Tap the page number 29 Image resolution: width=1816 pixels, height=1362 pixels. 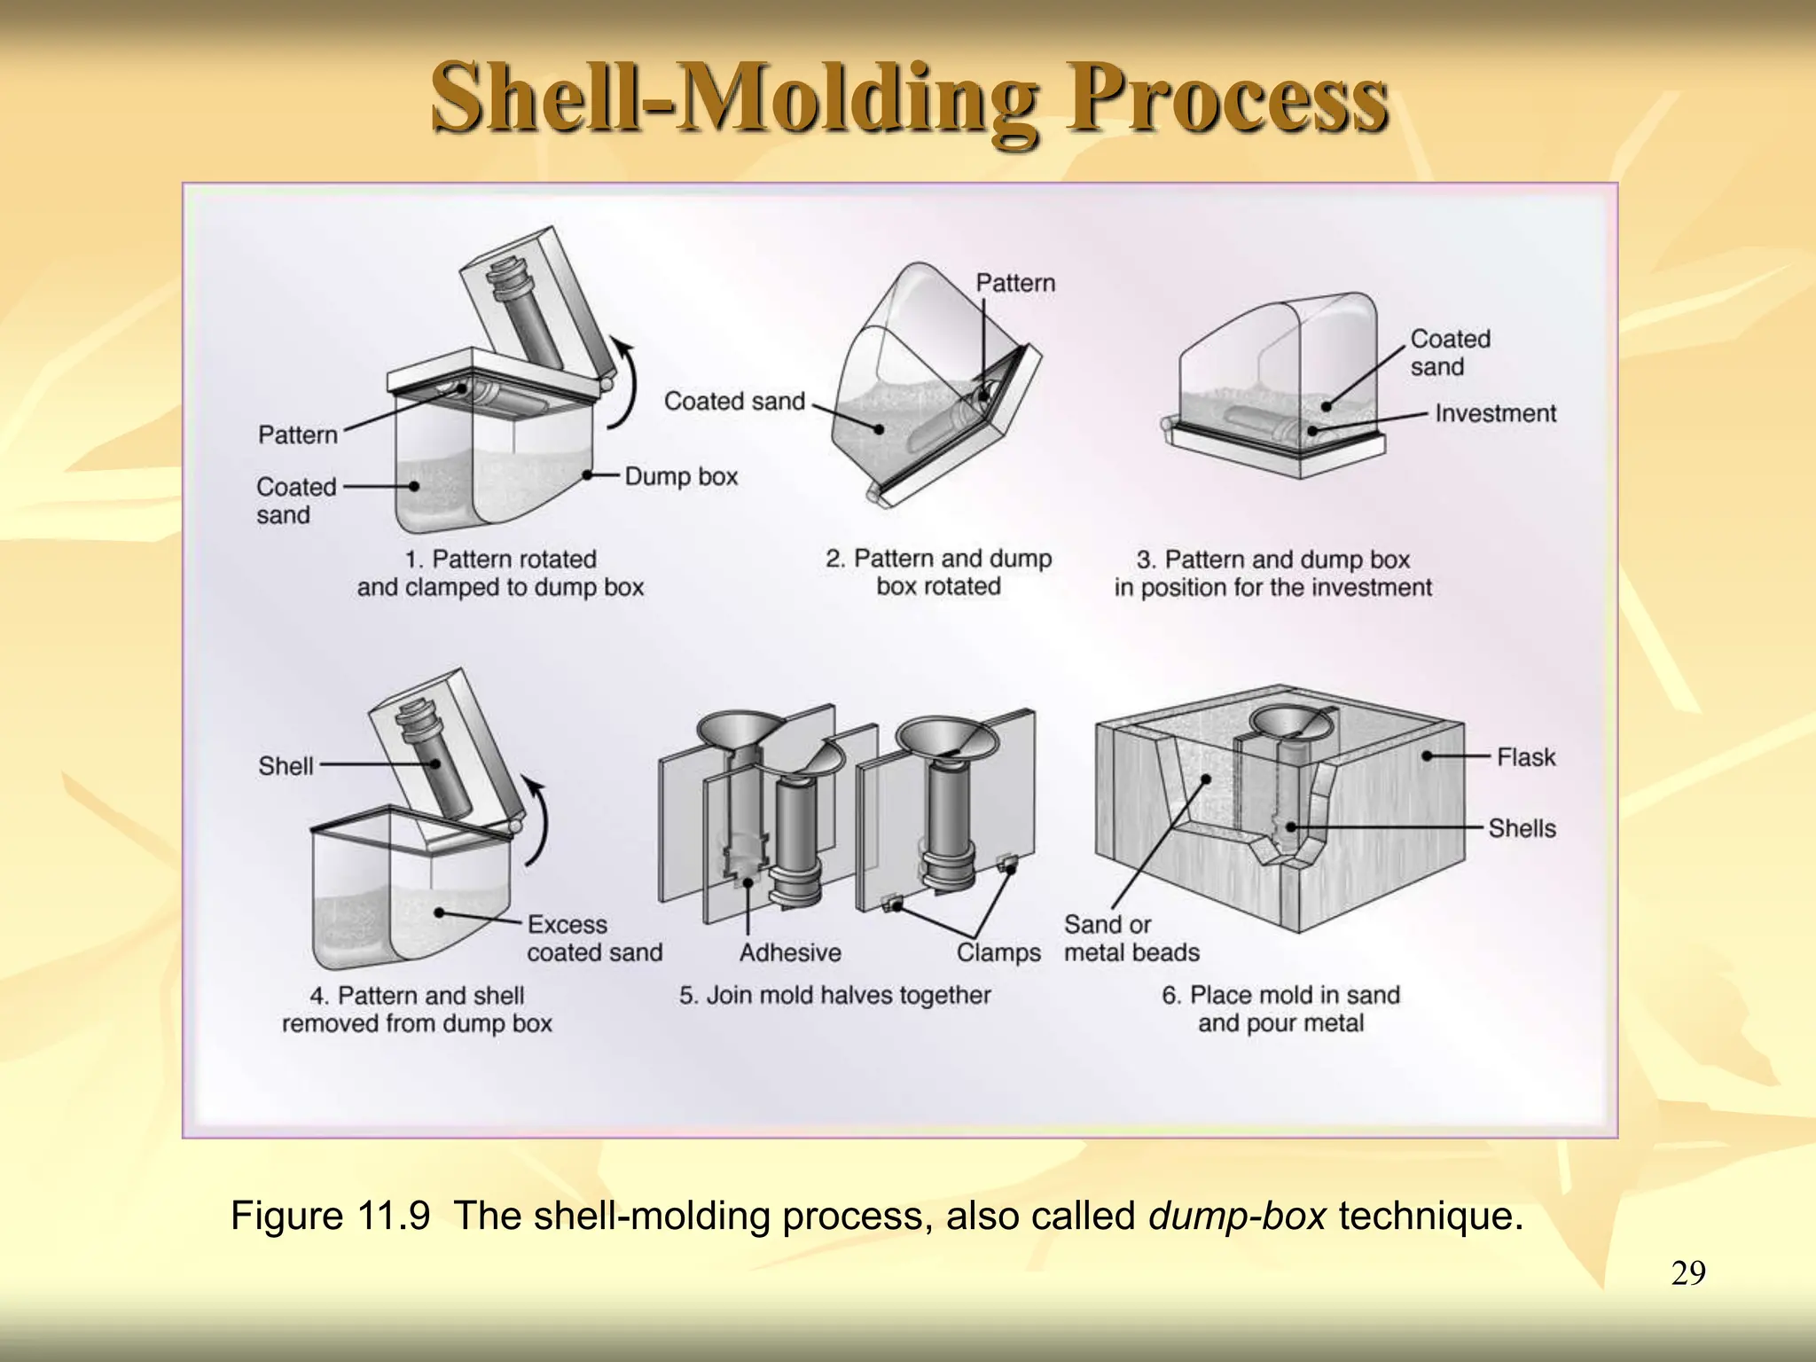(1687, 1273)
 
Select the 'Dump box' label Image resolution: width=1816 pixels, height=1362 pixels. (681, 476)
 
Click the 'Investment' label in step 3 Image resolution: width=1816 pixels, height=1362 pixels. (1495, 413)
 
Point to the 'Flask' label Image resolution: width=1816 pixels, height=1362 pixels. (1525, 757)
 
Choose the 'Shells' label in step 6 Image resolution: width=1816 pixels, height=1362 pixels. (1522, 828)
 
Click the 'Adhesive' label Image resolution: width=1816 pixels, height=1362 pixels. (790, 952)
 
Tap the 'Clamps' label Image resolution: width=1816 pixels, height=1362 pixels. (998, 952)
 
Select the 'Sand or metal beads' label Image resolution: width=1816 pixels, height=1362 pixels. (1131, 938)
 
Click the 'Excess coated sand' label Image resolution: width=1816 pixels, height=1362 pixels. (594, 938)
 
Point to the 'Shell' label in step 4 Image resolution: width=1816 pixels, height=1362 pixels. (286, 765)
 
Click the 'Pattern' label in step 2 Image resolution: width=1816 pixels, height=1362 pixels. (1015, 283)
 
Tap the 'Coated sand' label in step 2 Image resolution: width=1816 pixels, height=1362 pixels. (734, 401)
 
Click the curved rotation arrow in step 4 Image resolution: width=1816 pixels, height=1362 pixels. (539, 820)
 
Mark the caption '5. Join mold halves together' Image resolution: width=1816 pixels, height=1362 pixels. (834, 995)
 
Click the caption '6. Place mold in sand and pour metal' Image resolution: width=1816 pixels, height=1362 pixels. (1280, 1009)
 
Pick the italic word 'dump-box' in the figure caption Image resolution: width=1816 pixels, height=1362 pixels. (1237, 1216)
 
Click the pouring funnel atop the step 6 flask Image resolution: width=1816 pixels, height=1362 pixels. (1290, 725)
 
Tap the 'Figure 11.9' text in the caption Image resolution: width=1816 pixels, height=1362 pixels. (330, 1216)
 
